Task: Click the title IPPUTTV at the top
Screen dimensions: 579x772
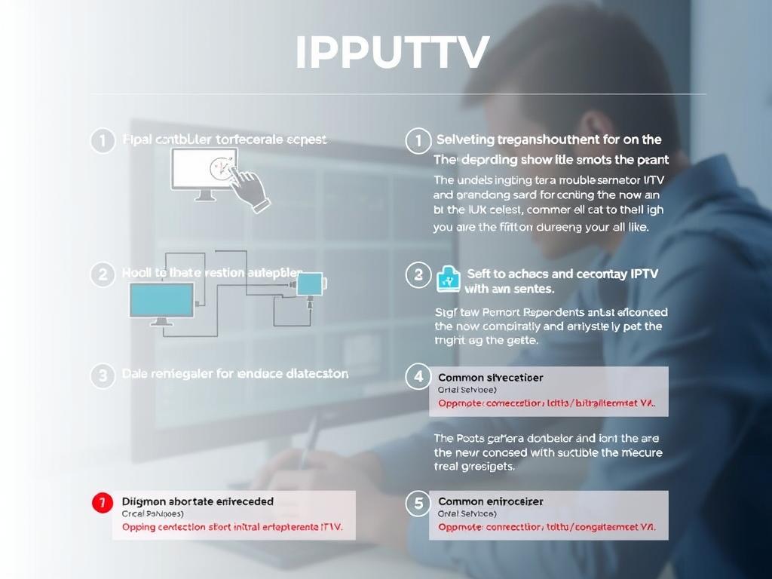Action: [x=392, y=52]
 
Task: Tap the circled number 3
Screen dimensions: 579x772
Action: [x=103, y=375]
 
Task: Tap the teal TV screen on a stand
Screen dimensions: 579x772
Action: [x=161, y=302]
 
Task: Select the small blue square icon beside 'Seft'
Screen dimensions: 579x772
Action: [x=448, y=277]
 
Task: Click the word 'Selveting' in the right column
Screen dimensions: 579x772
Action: [x=466, y=139]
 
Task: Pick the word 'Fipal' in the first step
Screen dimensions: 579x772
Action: [x=136, y=139]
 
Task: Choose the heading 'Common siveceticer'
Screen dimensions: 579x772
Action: [x=490, y=377]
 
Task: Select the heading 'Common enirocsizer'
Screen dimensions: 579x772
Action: [x=490, y=501]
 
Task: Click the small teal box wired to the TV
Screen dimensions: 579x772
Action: [x=310, y=283]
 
